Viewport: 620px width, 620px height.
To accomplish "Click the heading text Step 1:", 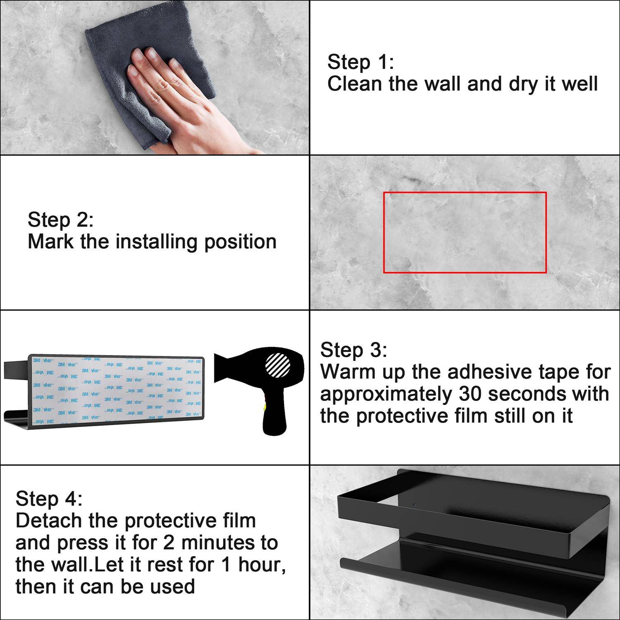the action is [360, 62].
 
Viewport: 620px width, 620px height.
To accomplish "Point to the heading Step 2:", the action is [61, 220].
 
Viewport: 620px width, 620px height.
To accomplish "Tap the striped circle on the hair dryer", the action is [278, 365].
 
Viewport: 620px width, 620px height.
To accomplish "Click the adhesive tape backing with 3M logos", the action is [117, 389].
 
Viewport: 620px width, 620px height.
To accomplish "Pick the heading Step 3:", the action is [354, 350].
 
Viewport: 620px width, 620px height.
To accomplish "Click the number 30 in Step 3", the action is [470, 394].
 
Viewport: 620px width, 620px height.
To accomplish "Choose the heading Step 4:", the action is [49, 499].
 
